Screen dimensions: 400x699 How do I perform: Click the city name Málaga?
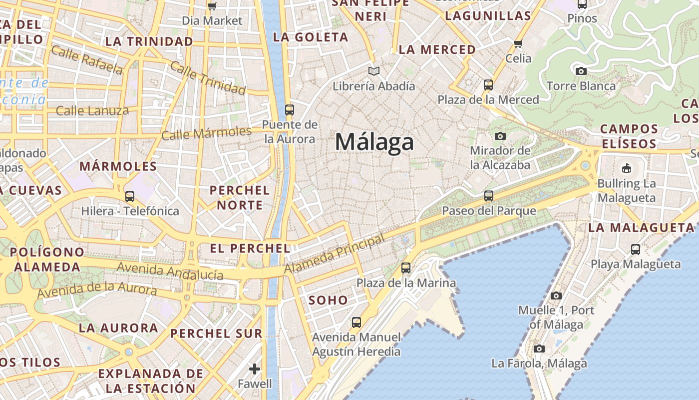(374, 142)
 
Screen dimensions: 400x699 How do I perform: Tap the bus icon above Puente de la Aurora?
(289, 109)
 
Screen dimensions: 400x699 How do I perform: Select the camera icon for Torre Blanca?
(581, 71)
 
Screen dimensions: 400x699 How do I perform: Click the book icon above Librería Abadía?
(373, 71)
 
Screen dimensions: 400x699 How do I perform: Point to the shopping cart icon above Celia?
(518, 43)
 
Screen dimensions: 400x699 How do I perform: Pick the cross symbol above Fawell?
(255, 369)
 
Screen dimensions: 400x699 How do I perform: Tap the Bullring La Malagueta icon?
(626, 168)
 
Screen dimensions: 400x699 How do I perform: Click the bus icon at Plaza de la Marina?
(406, 268)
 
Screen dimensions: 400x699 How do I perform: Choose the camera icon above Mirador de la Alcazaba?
(500, 135)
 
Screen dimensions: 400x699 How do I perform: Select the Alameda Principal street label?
(335, 254)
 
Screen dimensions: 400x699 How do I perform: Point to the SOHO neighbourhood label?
(328, 300)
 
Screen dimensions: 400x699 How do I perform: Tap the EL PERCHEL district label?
(250, 248)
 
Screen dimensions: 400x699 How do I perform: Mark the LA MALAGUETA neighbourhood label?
(641, 227)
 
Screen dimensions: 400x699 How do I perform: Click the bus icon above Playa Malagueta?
(635, 249)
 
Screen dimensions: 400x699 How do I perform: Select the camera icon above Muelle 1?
(556, 295)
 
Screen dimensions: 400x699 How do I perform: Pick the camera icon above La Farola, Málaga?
(539, 348)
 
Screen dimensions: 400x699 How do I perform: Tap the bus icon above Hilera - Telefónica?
(130, 196)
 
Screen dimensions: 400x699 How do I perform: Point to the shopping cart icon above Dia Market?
(212, 6)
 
